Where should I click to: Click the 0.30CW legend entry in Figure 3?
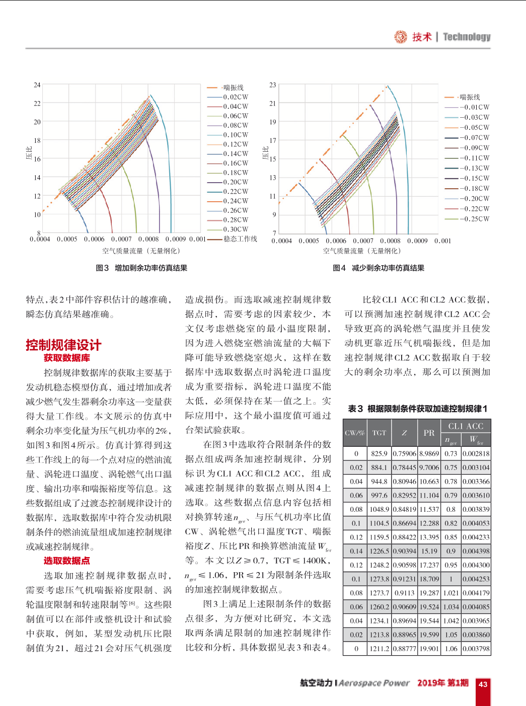(236, 229)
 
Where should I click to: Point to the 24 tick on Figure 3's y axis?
(37, 85)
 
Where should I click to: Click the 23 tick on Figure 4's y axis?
(273, 85)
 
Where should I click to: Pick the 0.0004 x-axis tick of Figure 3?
(40, 240)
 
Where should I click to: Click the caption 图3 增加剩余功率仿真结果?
(141, 268)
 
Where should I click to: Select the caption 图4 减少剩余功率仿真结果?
(379, 268)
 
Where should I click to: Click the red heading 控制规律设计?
(63, 345)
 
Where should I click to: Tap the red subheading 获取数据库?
(66, 358)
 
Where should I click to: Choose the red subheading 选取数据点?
(66, 561)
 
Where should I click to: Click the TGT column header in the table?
(379, 433)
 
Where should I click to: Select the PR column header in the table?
(429, 433)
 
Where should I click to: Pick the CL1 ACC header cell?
(466, 426)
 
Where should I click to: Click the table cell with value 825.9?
(379, 453)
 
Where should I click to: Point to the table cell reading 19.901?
(429, 649)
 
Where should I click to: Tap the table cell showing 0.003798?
(476, 649)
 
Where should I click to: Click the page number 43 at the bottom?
(483, 684)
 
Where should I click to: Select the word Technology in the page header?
(467, 37)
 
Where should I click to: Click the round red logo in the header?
(401, 37)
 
